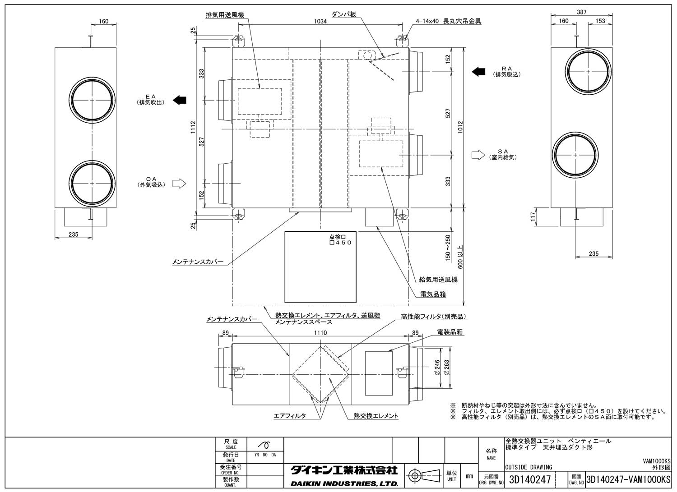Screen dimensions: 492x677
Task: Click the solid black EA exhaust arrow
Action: (x=180, y=100)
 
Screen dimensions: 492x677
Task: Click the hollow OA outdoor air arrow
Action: (x=180, y=183)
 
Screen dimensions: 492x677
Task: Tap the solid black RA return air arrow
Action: (x=478, y=71)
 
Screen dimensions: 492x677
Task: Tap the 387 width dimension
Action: (x=582, y=12)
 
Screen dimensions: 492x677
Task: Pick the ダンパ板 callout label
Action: (x=344, y=14)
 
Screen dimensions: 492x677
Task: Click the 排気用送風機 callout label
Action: (x=224, y=15)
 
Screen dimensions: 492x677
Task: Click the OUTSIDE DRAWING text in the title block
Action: (x=528, y=467)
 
